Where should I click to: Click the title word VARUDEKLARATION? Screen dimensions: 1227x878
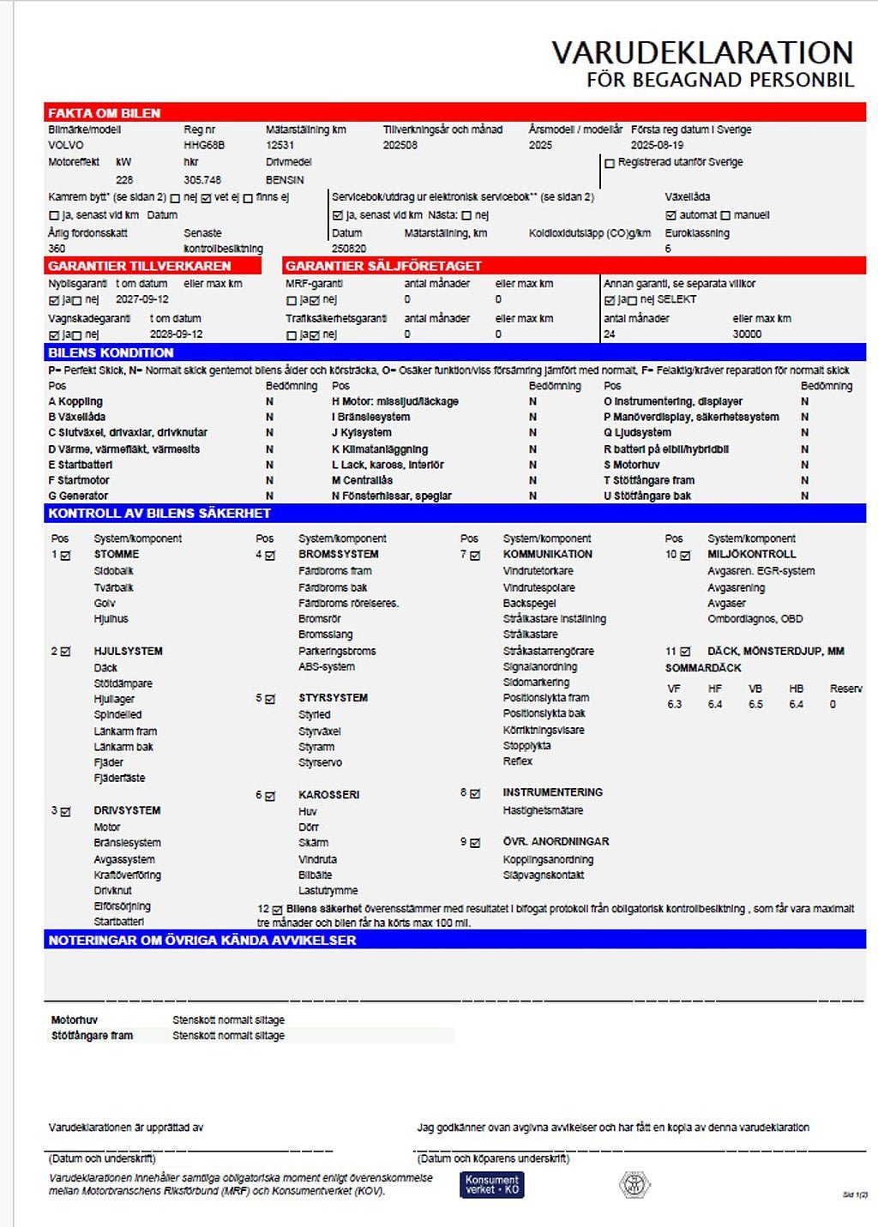(701, 53)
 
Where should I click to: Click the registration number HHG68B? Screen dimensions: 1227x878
(204, 146)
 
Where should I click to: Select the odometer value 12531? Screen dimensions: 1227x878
(280, 146)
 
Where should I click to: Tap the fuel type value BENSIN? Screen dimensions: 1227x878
(285, 180)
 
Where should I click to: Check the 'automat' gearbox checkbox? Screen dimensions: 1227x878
(671, 215)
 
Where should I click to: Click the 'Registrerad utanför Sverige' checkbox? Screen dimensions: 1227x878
(610, 163)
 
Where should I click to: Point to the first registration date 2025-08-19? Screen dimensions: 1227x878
(657, 146)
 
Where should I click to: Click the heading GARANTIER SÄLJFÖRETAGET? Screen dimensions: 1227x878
(383, 266)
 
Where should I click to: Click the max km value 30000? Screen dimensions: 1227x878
(747, 334)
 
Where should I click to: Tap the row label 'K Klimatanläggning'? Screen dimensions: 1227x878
(380, 449)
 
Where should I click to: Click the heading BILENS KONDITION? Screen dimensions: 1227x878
(111, 352)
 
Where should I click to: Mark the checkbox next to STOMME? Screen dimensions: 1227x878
(66, 556)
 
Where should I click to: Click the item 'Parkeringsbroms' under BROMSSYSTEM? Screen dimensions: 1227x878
(337, 652)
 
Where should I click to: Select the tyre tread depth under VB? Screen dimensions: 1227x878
(755, 705)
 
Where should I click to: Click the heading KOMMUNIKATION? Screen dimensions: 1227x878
(547, 555)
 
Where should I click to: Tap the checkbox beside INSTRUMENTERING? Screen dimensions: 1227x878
(475, 794)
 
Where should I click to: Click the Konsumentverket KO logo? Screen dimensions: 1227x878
(491, 1185)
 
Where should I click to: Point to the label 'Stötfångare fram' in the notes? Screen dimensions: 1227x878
(92, 1036)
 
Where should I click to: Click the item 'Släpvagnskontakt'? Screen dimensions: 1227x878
(543, 875)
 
